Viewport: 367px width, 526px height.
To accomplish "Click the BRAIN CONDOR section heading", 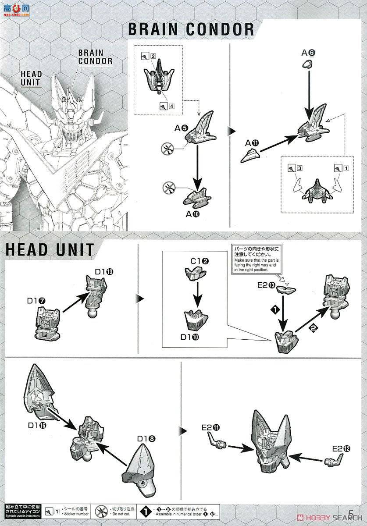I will pos(191,29).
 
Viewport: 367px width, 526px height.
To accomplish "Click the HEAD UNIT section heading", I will pos(50,249).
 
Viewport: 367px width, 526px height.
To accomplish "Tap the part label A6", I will pos(308,53).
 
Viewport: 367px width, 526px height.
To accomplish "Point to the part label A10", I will pos(194,214).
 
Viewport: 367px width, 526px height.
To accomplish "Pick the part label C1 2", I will pos(199,261).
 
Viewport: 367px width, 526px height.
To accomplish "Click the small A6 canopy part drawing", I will pos(309,65).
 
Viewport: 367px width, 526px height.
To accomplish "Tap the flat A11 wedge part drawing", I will pos(250,156).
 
